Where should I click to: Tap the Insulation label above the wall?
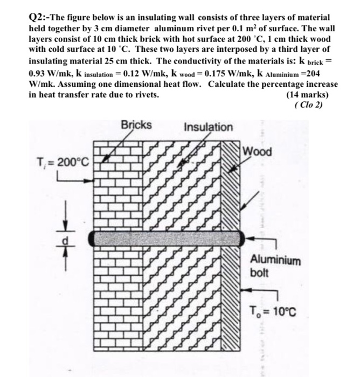click(209, 127)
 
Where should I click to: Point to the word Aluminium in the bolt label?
click(275, 260)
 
